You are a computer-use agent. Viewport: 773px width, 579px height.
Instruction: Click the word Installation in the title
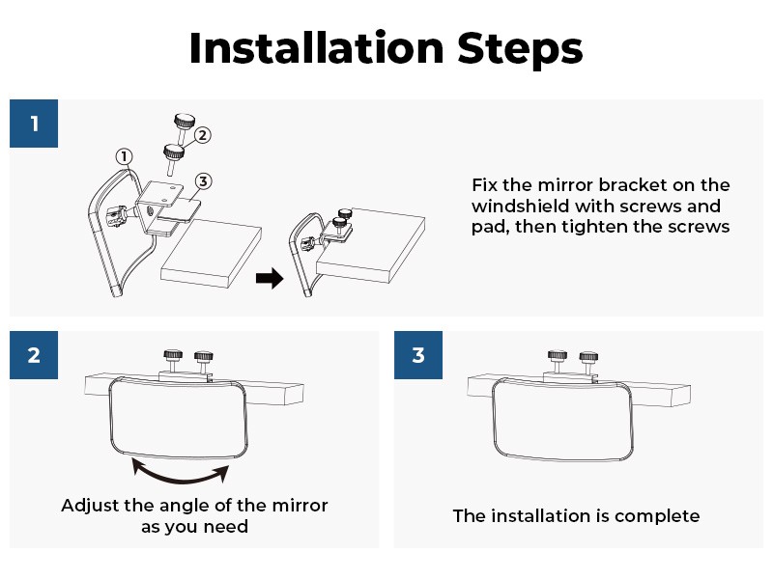tap(317, 47)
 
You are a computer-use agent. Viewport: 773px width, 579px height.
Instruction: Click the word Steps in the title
tap(520, 49)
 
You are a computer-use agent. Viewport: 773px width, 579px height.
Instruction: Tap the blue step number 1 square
tap(34, 124)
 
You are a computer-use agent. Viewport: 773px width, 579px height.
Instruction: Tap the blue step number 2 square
tap(34, 355)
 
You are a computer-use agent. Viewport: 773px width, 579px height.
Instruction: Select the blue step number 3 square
tap(418, 355)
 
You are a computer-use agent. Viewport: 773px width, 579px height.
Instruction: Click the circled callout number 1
tap(125, 156)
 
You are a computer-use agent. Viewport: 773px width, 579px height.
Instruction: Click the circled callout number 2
tap(202, 135)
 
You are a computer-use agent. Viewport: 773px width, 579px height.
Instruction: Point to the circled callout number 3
tap(203, 181)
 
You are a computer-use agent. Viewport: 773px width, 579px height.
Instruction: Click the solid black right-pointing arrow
tap(270, 278)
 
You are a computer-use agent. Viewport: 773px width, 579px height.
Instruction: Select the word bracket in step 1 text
tap(632, 185)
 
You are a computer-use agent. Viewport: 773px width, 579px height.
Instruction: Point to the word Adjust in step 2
tap(90, 506)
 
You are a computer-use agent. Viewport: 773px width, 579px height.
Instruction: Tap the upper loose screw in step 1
tap(184, 126)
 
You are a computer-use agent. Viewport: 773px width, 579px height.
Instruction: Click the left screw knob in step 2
tap(173, 361)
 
